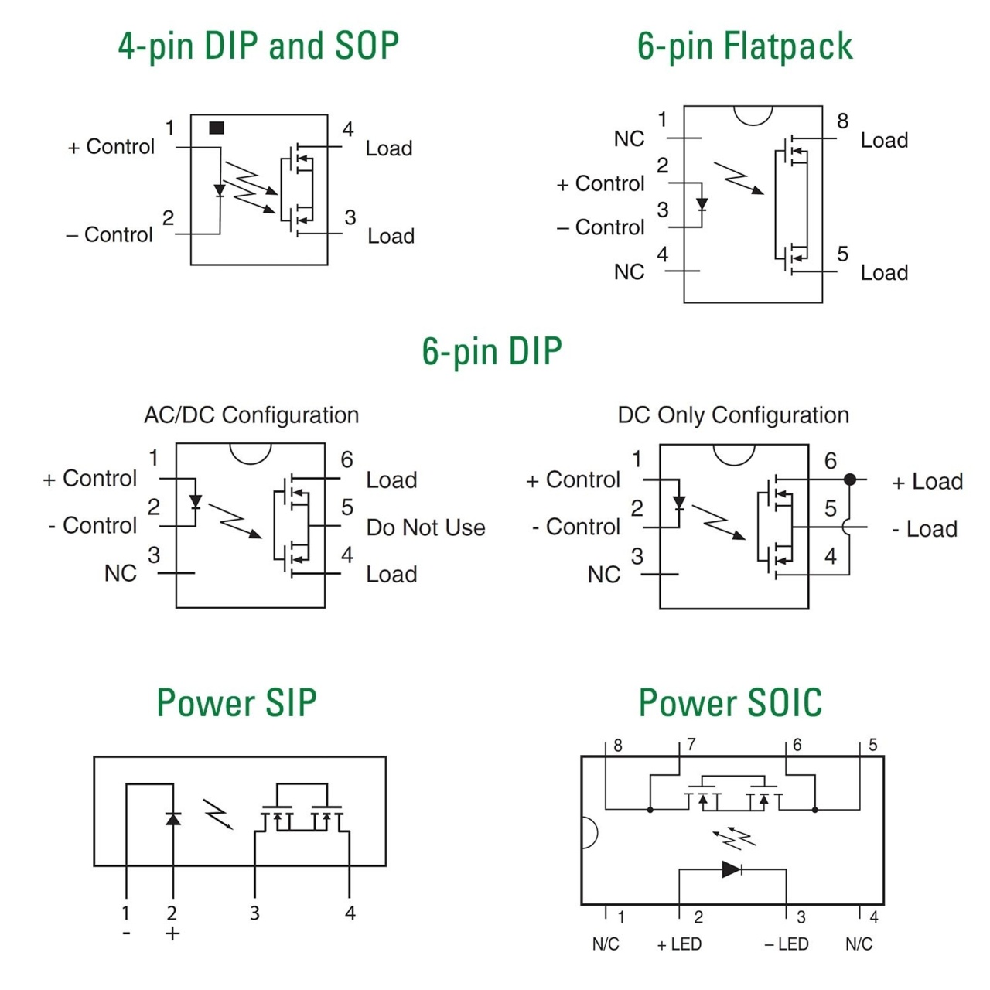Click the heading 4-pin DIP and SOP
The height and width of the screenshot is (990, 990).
(x=258, y=46)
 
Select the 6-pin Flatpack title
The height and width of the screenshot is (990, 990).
(x=744, y=46)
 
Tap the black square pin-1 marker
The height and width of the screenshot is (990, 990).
(x=217, y=128)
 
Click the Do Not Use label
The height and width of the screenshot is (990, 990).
(x=425, y=527)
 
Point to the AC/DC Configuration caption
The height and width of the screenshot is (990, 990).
(x=251, y=415)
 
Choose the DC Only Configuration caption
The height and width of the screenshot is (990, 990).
(x=732, y=415)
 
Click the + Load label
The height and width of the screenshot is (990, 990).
(x=927, y=482)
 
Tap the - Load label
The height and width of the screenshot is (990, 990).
(x=925, y=529)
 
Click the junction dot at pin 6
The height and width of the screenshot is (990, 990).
(x=850, y=480)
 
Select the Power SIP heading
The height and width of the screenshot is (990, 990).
(x=237, y=702)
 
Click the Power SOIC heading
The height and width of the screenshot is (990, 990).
(x=730, y=702)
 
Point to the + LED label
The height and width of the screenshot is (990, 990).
(x=679, y=944)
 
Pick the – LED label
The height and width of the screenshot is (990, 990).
(x=786, y=944)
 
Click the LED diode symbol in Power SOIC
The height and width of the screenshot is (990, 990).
(x=731, y=869)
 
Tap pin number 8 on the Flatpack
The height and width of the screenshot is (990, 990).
(x=842, y=121)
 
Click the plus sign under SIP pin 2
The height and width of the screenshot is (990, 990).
(x=172, y=934)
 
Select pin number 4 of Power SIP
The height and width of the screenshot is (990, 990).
(x=350, y=913)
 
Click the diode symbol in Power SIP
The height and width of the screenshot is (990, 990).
(x=173, y=818)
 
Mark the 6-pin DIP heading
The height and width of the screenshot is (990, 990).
(x=492, y=351)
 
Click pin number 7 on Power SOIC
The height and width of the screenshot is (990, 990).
(x=691, y=744)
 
